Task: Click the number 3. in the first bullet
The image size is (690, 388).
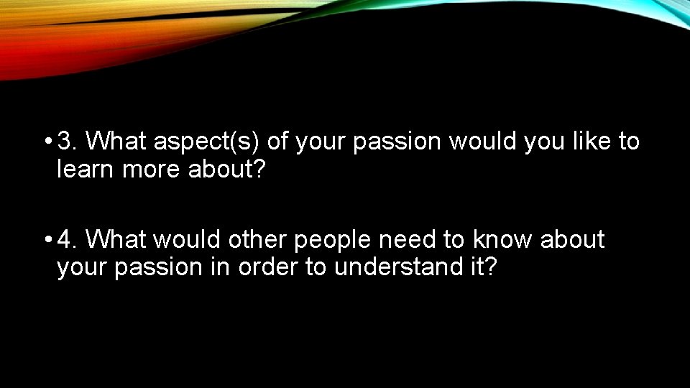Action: pyautogui.click(x=68, y=142)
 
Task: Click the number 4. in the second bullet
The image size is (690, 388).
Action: pyautogui.click(x=68, y=239)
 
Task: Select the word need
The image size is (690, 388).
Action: pyautogui.click(x=415, y=240)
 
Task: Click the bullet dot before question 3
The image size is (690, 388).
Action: pyautogui.click(x=47, y=142)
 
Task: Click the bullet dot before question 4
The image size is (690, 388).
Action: pyautogui.click(x=47, y=240)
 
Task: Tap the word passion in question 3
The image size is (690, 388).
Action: pyautogui.click(x=397, y=142)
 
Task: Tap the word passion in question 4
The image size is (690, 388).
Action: pyautogui.click(x=157, y=268)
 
